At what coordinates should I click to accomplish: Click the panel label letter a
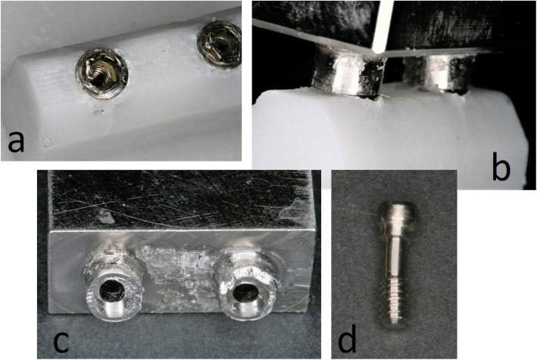[17, 142]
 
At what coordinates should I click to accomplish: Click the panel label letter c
[61, 340]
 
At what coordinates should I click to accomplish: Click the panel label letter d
[347, 338]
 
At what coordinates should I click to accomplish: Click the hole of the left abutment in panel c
[111, 293]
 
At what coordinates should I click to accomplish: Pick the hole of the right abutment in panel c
[247, 293]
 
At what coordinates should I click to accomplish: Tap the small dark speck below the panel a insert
[100, 111]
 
